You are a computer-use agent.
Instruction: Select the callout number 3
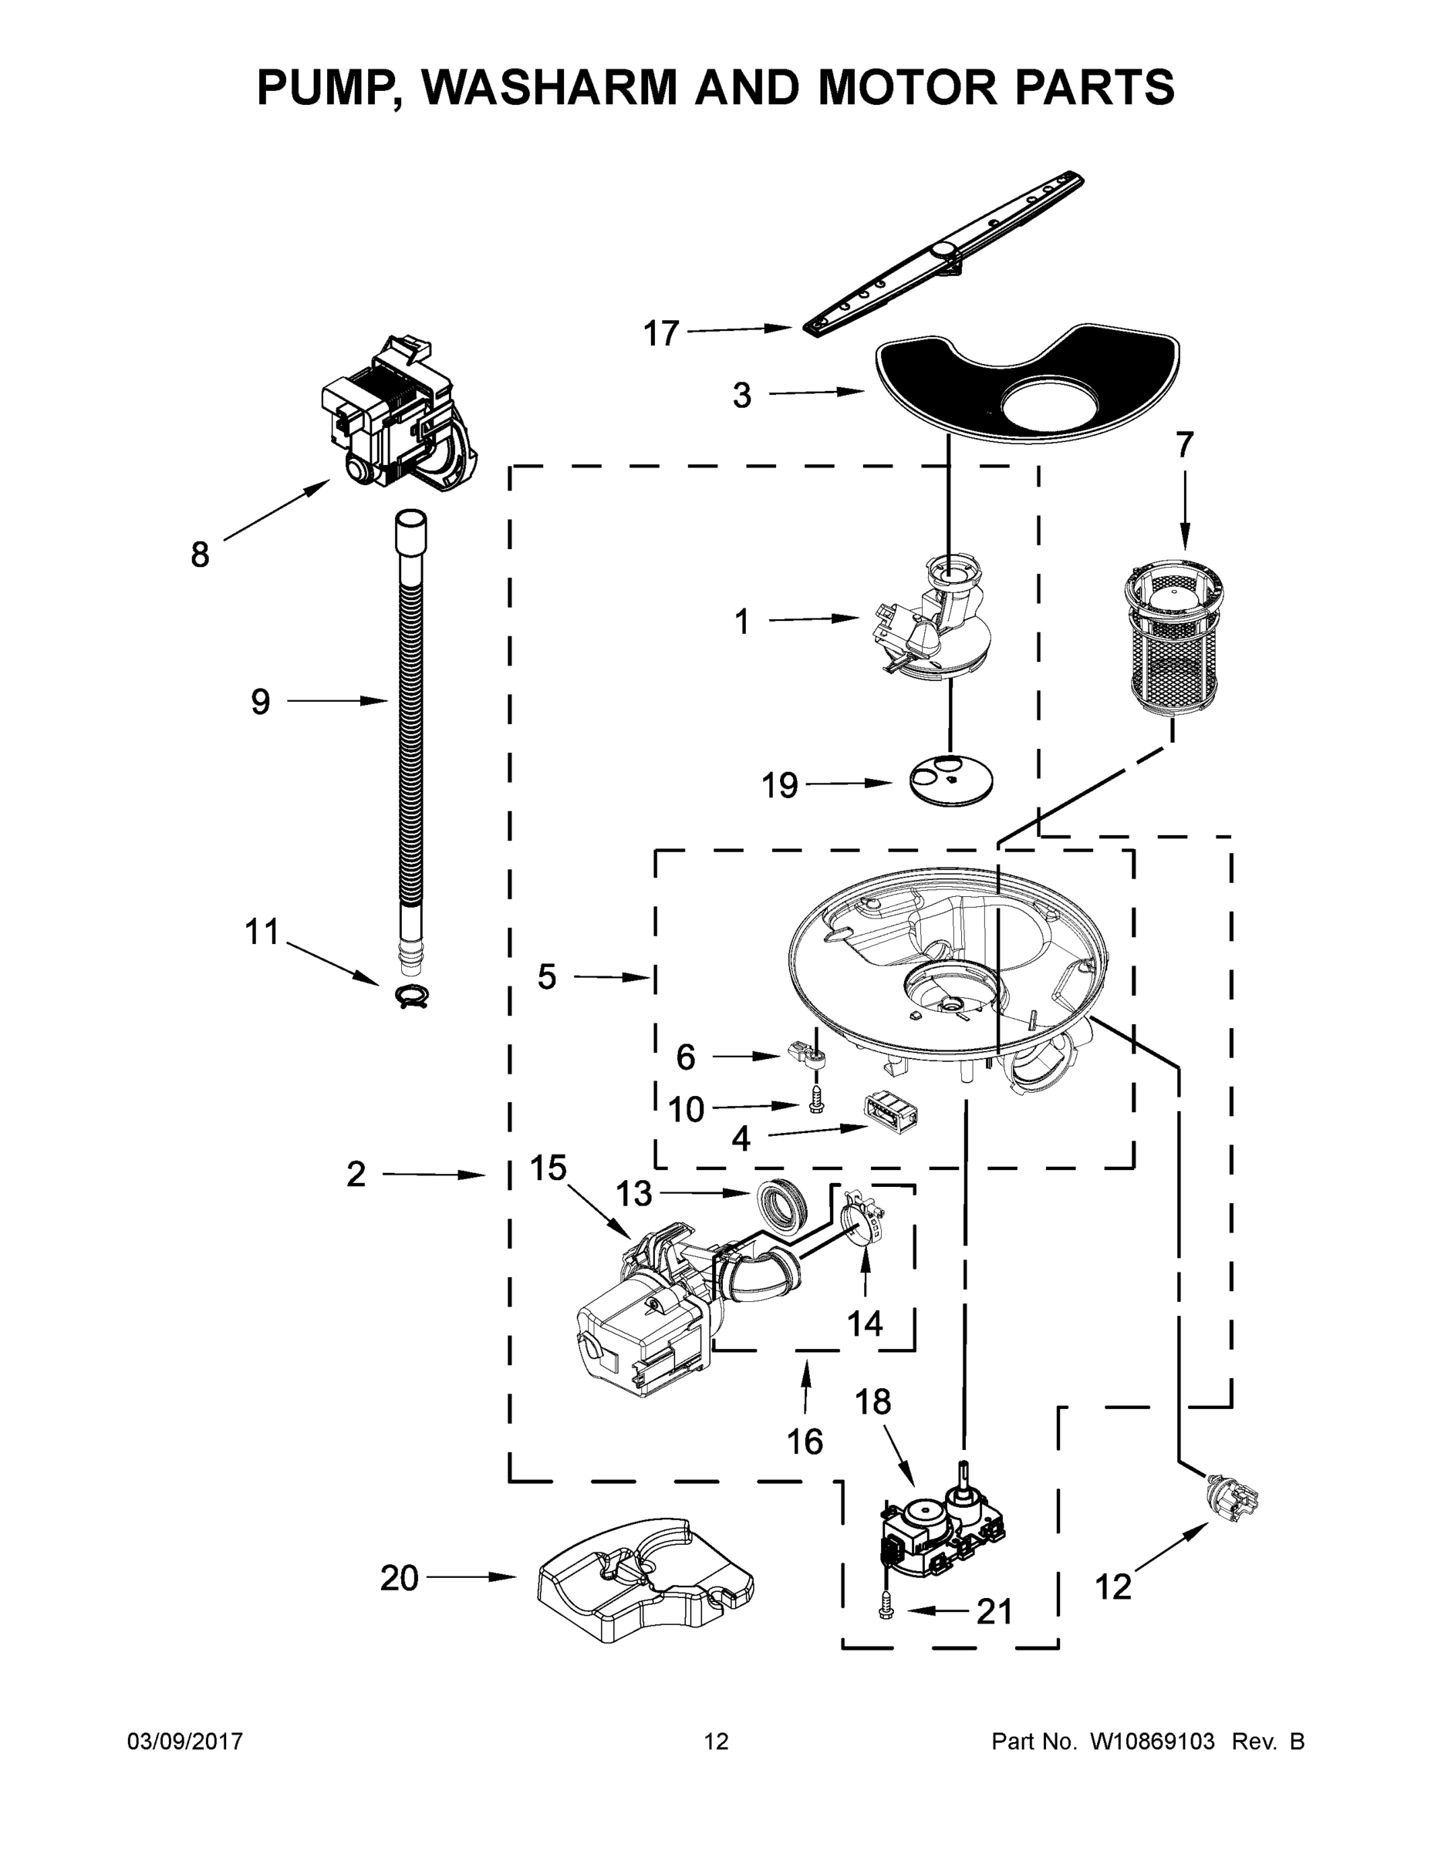[x=742, y=395]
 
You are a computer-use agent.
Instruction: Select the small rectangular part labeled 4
[x=892, y=1114]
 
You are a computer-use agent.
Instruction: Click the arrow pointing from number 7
[x=1184, y=508]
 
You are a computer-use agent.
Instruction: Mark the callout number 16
[x=805, y=1441]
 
